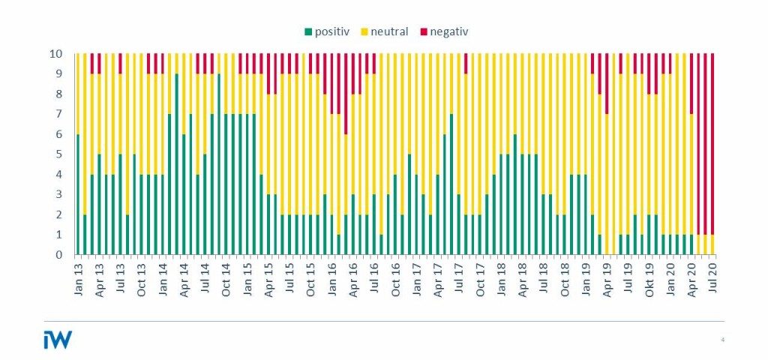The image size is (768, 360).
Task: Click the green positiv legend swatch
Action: pos(307,31)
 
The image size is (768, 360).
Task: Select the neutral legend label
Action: pos(389,31)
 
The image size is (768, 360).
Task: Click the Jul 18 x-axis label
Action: pos(544,279)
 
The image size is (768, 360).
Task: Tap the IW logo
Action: pos(57,340)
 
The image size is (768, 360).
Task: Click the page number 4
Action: pos(722,340)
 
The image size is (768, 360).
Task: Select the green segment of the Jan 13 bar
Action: pos(77,194)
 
